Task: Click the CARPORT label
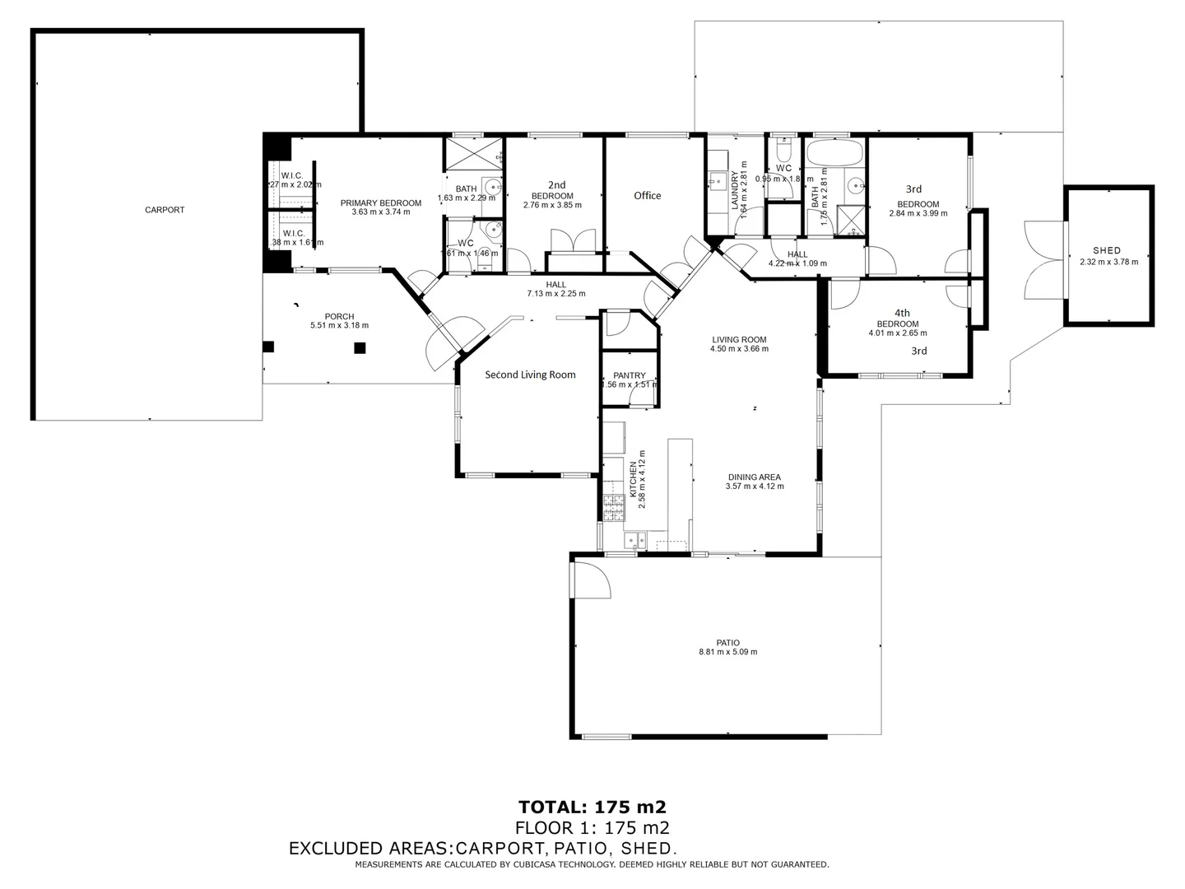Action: [165, 210]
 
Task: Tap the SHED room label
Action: [1107, 251]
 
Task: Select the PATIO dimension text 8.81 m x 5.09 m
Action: [727, 652]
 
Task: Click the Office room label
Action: [647, 196]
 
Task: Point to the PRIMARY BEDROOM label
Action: [381, 203]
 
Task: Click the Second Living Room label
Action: [530, 375]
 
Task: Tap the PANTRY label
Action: [630, 376]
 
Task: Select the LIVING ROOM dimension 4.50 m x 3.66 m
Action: [739, 349]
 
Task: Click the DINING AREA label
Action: [754, 477]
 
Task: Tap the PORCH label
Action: [339, 317]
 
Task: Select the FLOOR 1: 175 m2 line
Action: [592, 828]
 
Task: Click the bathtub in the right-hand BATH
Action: [834, 153]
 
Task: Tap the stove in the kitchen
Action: [612, 508]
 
